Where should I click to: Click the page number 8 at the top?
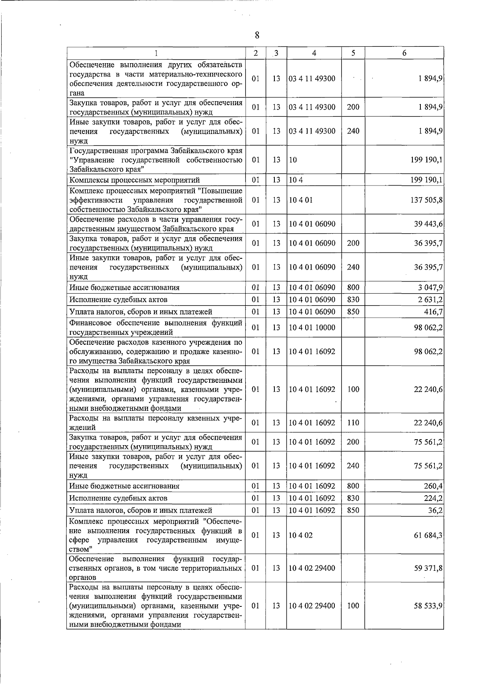257,36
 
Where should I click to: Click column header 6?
404,53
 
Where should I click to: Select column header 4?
314,53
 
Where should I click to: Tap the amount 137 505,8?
426,200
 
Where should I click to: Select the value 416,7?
433,312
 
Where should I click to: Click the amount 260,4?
433,486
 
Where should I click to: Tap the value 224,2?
433,498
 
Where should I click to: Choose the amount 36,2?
435,510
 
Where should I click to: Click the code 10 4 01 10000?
312,328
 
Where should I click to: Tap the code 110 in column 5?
353,423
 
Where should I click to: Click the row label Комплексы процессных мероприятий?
134,180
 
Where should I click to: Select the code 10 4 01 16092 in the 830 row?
312,498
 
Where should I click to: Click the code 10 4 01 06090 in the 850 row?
312,312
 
